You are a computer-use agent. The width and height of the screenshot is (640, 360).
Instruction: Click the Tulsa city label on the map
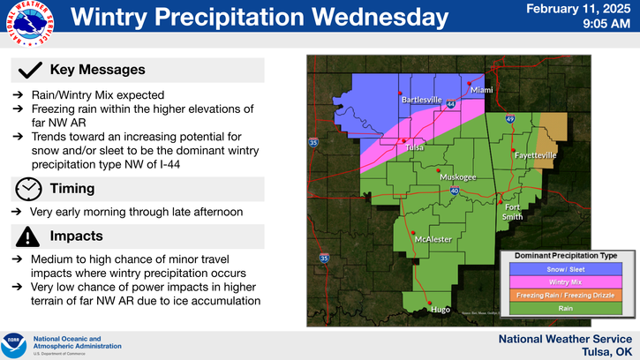pos(415,147)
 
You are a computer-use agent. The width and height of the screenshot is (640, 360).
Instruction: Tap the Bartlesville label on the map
pos(421,100)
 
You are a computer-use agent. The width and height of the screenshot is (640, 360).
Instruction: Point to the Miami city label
pos(481,90)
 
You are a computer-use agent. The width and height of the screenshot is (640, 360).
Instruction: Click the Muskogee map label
pos(458,176)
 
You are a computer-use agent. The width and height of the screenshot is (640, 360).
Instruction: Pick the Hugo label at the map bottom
pos(440,309)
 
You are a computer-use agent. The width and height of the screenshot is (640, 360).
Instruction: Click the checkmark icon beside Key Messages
pos(31,70)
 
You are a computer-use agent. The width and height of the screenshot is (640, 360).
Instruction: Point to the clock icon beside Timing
pos(29,188)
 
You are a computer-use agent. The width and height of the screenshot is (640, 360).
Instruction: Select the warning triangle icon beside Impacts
pos(29,236)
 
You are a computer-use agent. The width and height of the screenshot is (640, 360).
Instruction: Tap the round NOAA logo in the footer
pos(15,341)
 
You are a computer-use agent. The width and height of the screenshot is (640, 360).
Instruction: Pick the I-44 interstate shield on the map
pos(451,104)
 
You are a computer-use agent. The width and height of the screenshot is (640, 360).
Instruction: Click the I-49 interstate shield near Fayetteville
pos(510,119)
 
